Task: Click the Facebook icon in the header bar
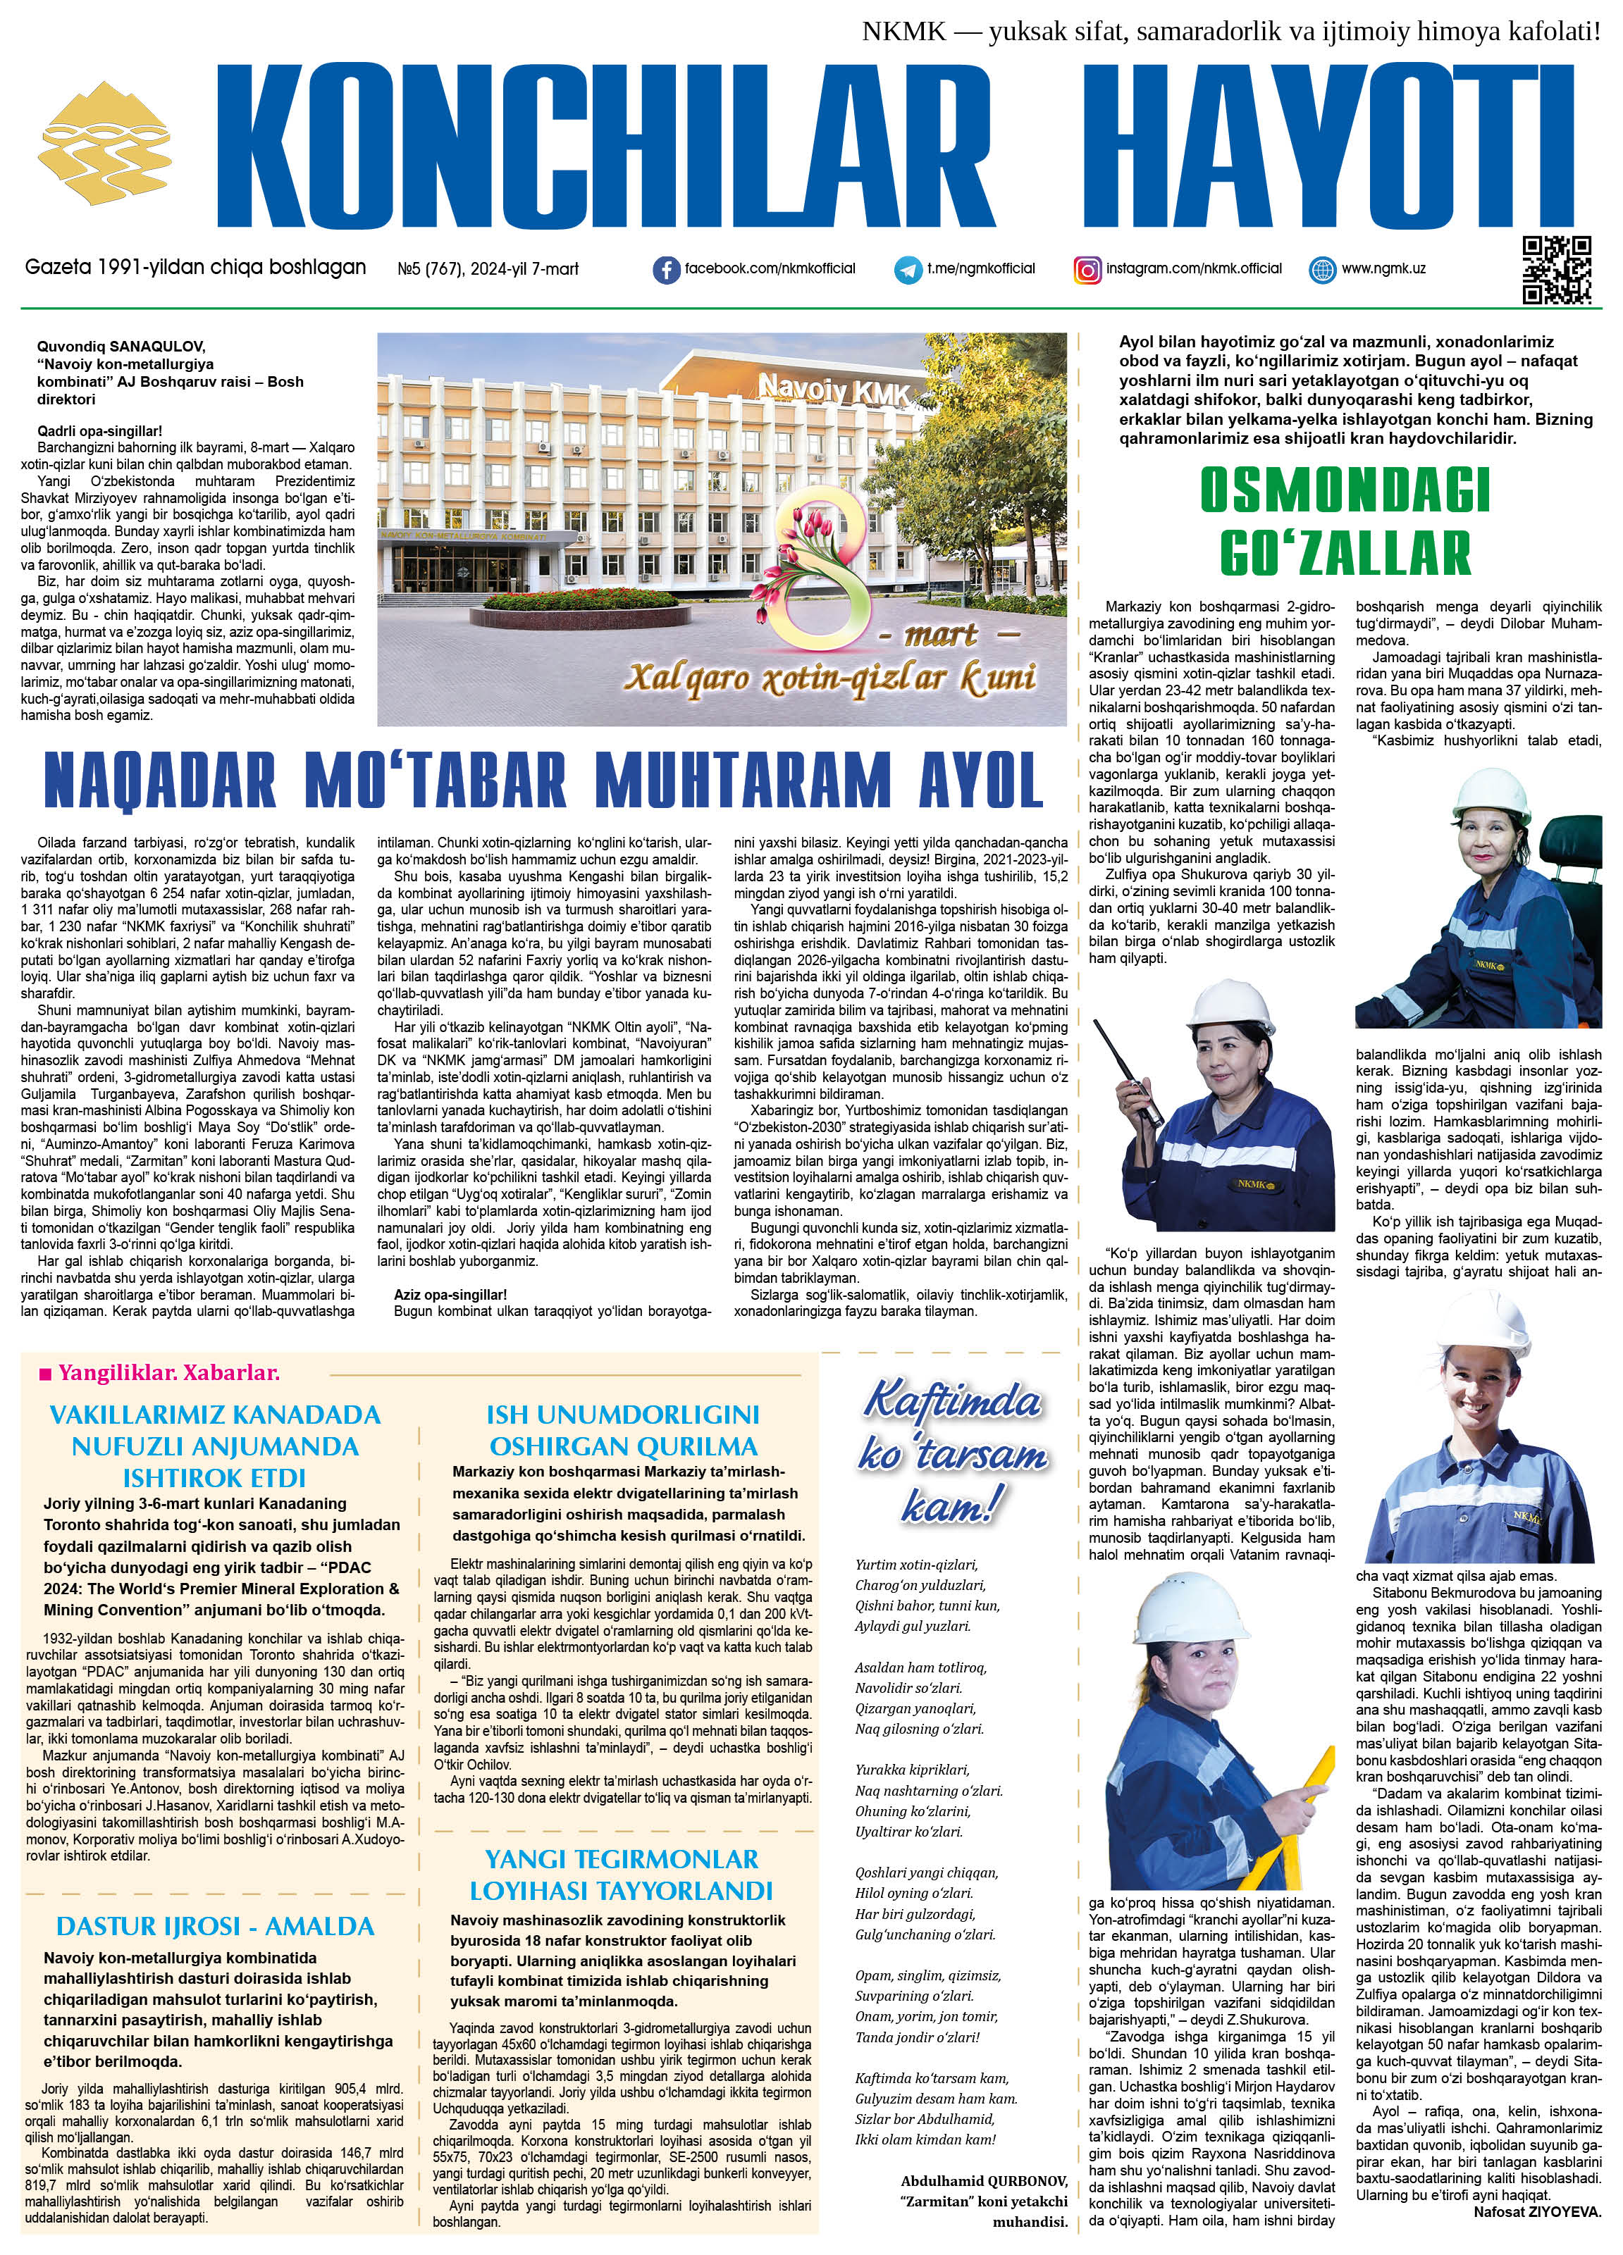click(x=666, y=269)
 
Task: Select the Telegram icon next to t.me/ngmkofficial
click(x=907, y=269)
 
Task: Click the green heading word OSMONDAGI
click(x=1345, y=489)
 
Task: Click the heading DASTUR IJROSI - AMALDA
click(x=215, y=1926)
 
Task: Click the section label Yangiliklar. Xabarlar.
click(x=159, y=1373)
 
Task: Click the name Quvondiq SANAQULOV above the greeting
click(x=121, y=346)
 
